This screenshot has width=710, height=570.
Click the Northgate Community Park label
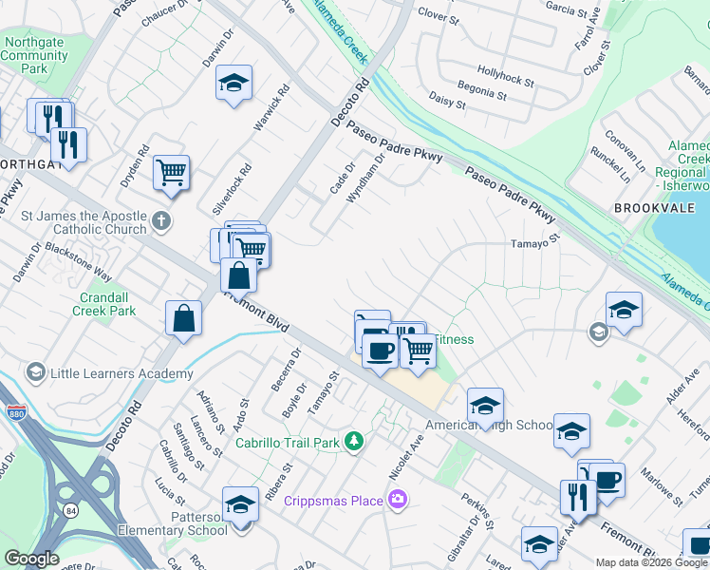(x=35, y=55)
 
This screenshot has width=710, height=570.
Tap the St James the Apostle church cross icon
(x=162, y=222)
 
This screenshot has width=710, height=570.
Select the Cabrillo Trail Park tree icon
(x=354, y=441)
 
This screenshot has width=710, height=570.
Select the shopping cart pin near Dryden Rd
(x=172, y=173)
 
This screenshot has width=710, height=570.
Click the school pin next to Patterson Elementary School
(x=241, y=503)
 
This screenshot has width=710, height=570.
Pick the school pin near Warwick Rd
(x=234, y=84)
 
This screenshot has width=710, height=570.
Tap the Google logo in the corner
(x=31, y=559)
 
